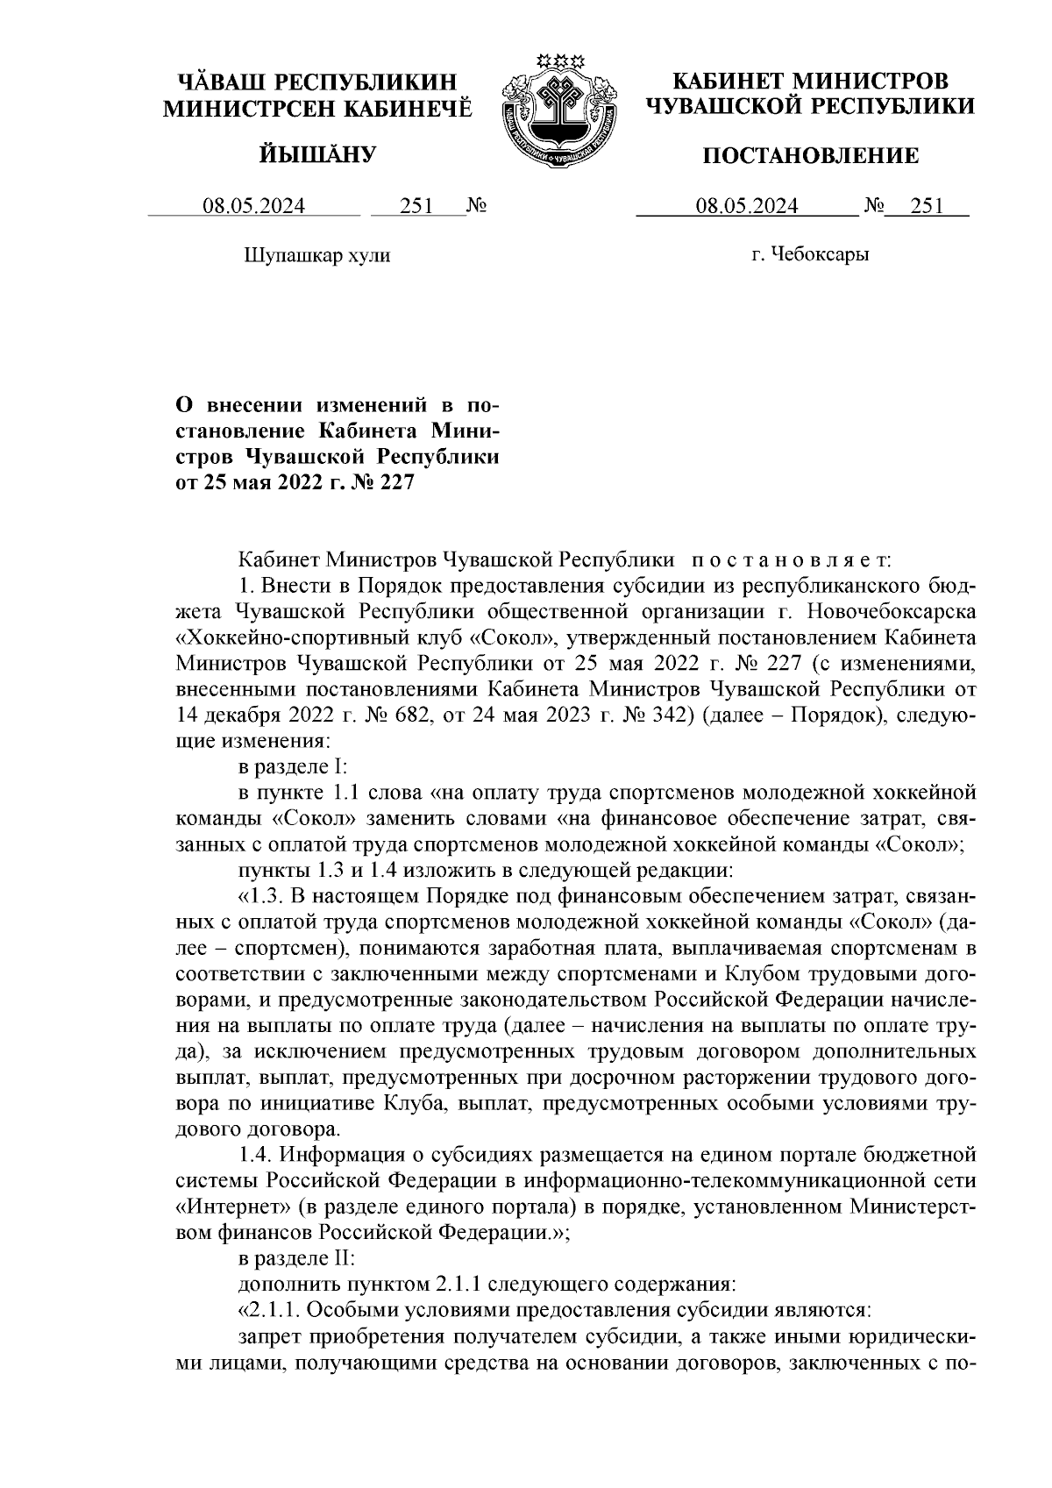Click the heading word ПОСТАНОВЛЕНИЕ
tap(811, 156)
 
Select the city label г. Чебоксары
tap(810, 255)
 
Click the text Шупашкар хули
tap(315, 256)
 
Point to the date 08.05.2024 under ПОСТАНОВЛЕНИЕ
tap(747, 207)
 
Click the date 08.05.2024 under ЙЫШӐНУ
tap(254, 207)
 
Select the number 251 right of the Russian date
tap(927, 207)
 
